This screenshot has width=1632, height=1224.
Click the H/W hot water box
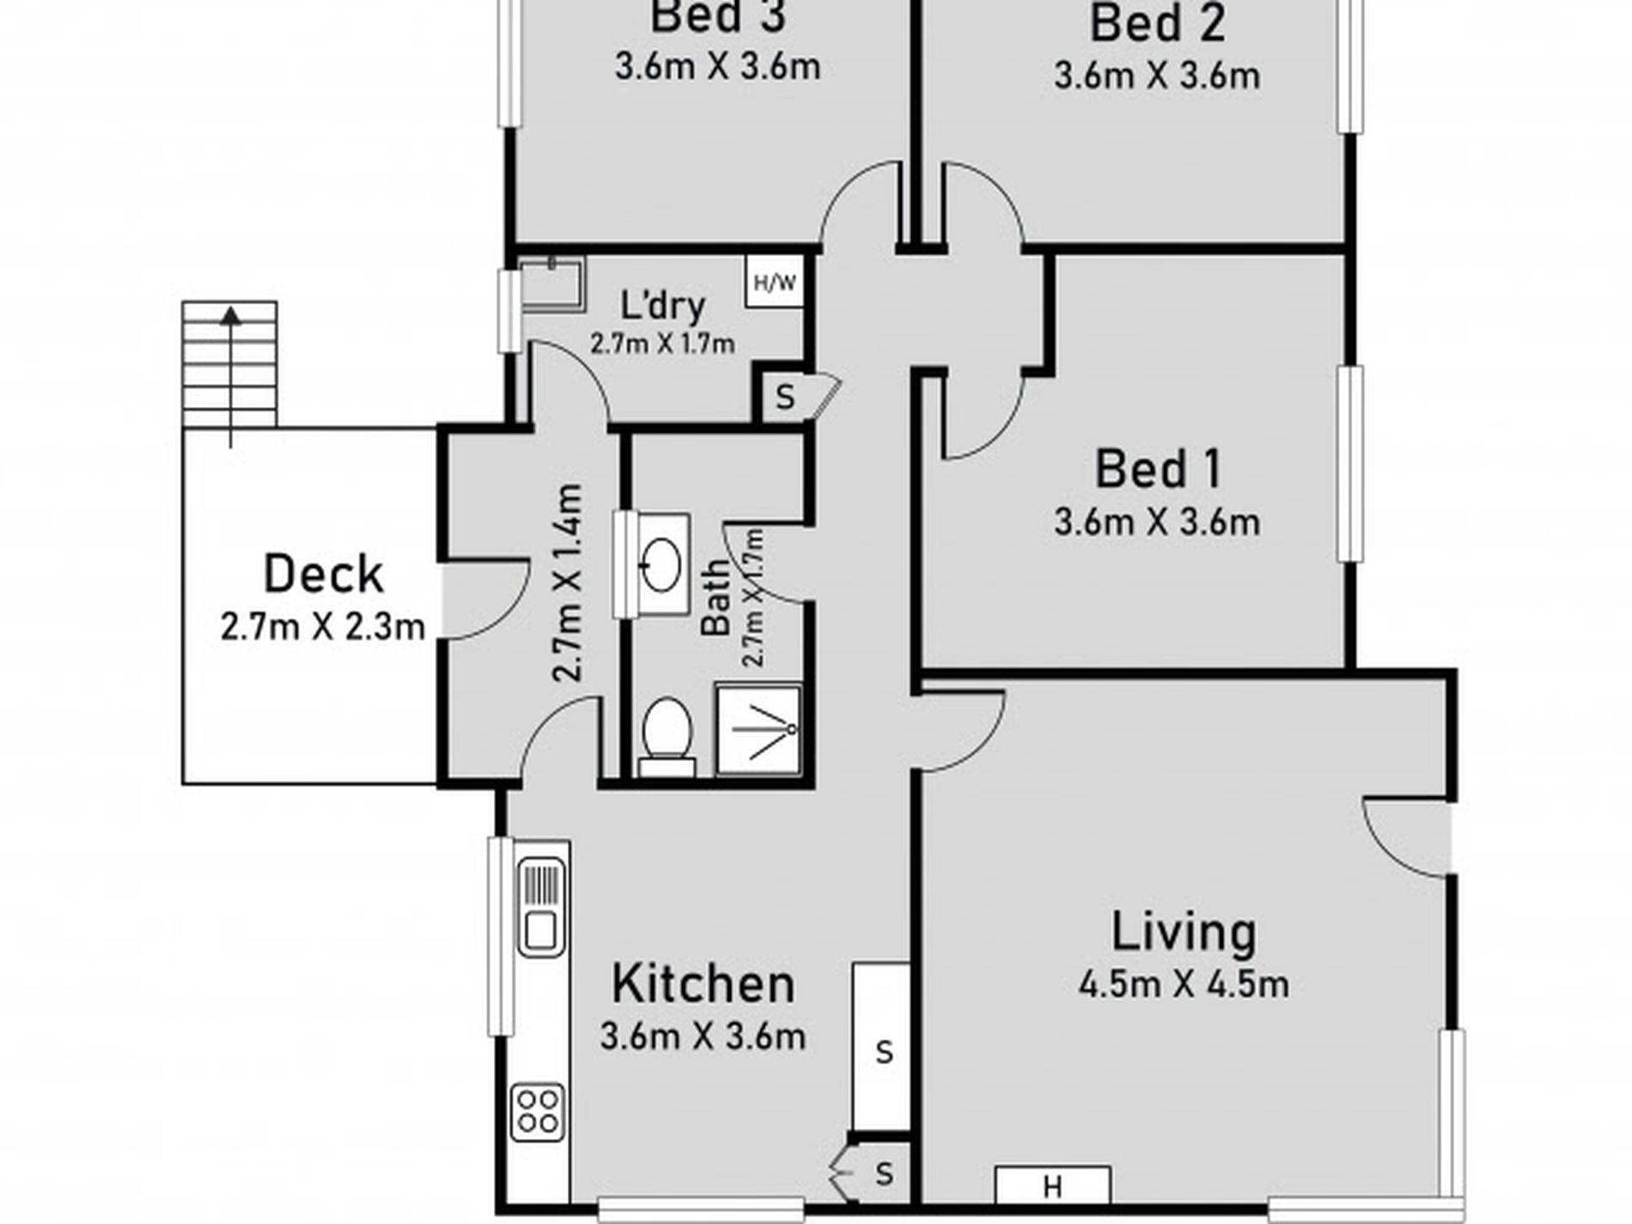coord(775,281)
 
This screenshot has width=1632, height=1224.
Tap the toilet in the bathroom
coord(667,737)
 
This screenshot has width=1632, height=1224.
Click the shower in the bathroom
coord(758,729)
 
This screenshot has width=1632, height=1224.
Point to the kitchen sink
coord(540,907)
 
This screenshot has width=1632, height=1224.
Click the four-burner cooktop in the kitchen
coord(538,1111)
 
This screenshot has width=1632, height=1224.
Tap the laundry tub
coord(552,283)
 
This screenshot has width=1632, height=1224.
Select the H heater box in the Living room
coord(1052,1184)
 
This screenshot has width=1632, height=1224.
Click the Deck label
coord(323,575)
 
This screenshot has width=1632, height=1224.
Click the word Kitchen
coord(703,984)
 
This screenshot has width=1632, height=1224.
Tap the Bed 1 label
coord(1157,470)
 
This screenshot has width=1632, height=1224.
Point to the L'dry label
coord(662,305)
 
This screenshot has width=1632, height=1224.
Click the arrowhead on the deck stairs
coord(229,316)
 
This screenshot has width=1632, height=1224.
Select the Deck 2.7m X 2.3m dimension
coord(323,627)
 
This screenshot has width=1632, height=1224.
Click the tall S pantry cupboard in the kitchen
coord(881,1047)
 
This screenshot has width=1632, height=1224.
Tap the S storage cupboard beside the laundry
coord(783,396)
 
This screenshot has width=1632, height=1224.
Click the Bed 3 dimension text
coord(717,67)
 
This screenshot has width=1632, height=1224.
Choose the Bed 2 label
coord(1157,24)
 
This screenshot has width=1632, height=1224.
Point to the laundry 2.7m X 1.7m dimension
coord(662,344)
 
